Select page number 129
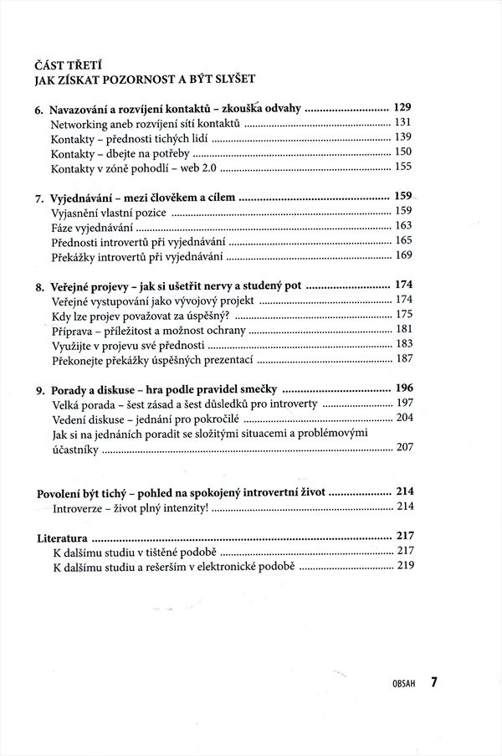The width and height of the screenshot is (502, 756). point(404,107)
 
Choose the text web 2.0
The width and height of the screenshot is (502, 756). point(206,167)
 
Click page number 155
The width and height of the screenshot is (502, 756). point(404,167)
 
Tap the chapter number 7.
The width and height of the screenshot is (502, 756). point(38,199)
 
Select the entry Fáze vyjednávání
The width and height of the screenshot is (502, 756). point(91,226)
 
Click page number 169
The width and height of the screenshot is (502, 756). point(404,255)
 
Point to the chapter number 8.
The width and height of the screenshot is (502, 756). point(38,286)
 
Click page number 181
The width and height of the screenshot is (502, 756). point(404,329)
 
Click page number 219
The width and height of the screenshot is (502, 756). point(406,566)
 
